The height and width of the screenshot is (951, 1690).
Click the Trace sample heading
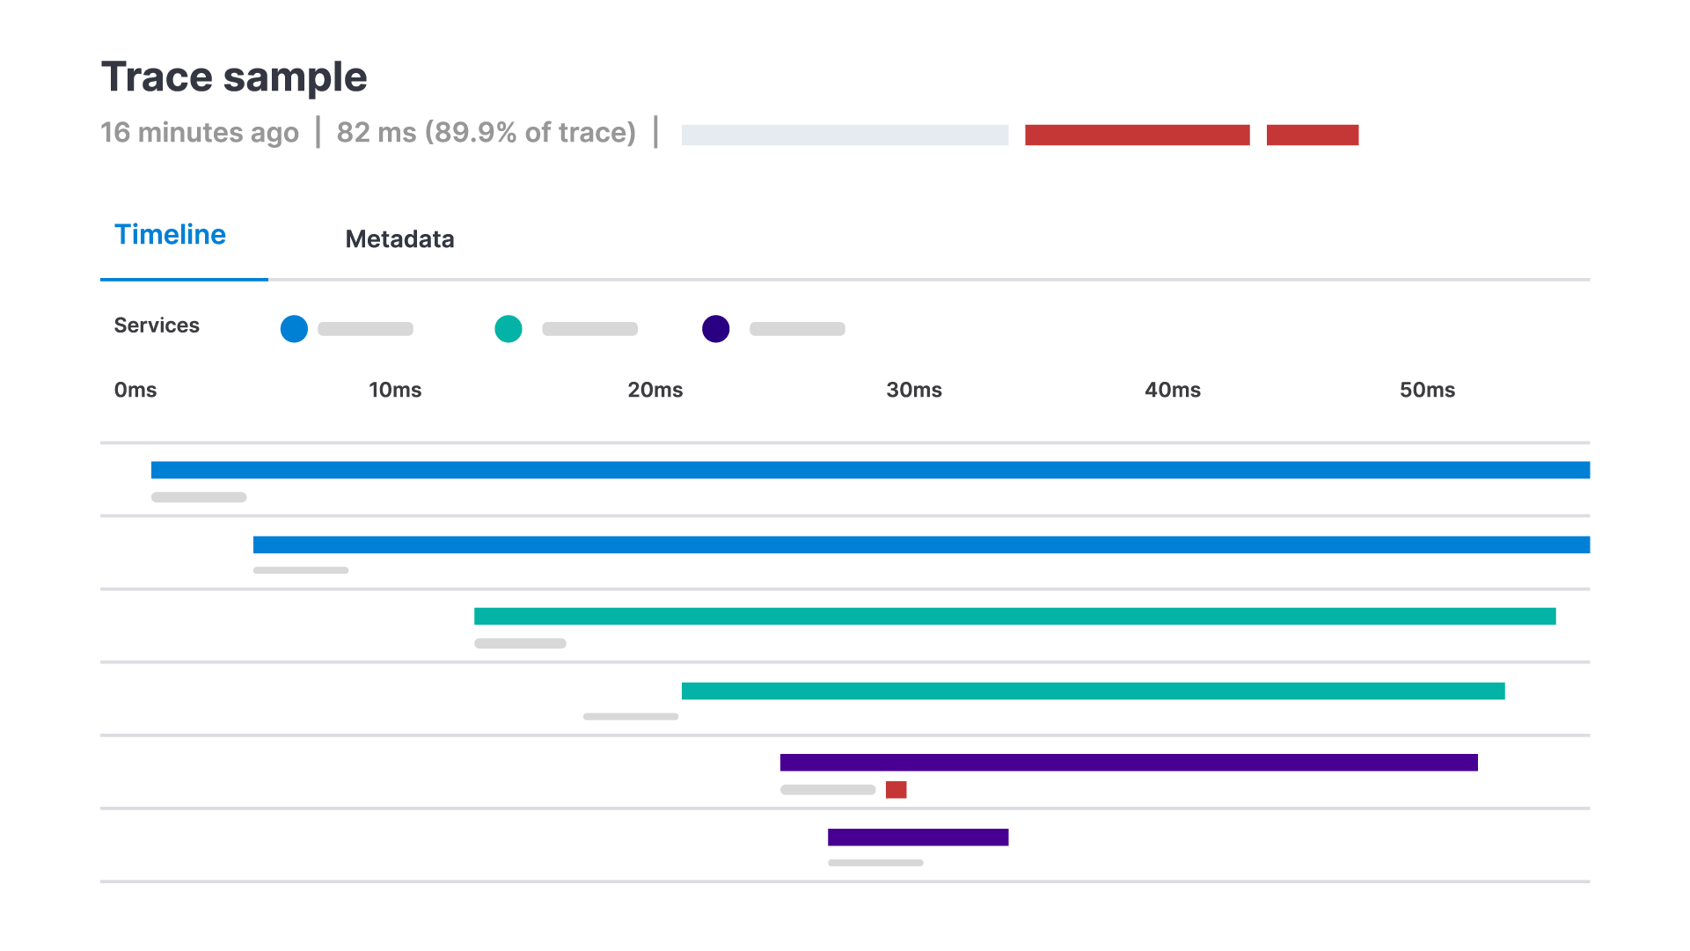(234, 77)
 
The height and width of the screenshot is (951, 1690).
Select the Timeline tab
(171, 235)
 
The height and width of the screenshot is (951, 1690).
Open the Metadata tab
(399, 239)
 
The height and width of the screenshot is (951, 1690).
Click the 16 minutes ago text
(200, 133)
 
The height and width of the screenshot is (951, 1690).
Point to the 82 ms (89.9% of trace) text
(486, 133)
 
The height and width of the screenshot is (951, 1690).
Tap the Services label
(157, 326)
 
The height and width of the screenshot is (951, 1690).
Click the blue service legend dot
(294, 329)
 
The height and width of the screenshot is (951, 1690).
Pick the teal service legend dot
(508, 329)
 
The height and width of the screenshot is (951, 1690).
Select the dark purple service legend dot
(716, 329)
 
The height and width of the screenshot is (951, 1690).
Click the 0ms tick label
(135, 390)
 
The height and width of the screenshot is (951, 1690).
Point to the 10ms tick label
(395, 390)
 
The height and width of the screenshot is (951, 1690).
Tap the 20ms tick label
(655, 390)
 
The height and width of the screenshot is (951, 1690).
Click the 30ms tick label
(914, 390)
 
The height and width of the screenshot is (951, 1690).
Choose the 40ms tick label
(1173, 390)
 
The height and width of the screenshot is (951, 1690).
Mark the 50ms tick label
(1427, 390)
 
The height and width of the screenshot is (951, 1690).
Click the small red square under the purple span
(896, 790)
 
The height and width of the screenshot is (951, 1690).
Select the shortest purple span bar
(918, 838)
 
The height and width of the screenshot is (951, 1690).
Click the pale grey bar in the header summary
(845, 135)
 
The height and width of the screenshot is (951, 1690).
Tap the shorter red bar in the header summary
(1312, 135)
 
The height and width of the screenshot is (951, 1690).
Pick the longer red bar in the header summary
(1137, 135)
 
